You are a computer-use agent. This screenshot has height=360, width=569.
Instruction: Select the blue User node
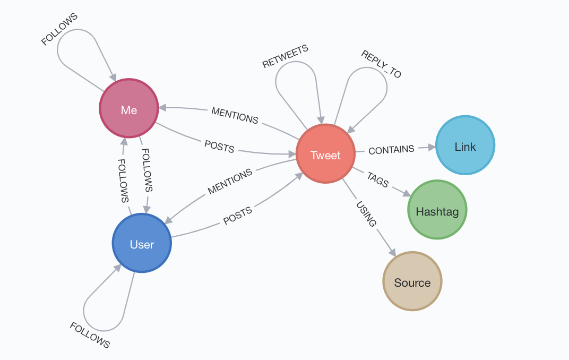[142, 243]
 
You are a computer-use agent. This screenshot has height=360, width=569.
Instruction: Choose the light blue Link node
[465, 145]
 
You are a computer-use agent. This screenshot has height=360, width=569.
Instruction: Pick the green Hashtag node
[437, 210]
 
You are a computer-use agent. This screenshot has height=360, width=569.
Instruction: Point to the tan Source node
[412, 281]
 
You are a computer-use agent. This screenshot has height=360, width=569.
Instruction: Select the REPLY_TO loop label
[381, 64]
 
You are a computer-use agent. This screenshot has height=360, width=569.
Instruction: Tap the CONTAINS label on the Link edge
[391, 150]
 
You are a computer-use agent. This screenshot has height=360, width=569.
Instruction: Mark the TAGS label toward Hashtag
[378, 179]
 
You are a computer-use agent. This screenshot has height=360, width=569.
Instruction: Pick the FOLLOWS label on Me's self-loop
[59, 29]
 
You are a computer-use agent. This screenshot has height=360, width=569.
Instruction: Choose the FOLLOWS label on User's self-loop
[90, 335]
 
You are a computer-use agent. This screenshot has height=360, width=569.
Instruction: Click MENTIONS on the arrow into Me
[235, 115]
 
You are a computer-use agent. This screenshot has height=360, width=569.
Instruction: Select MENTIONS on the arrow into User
[230, 182]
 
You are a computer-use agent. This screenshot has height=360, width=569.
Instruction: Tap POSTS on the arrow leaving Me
[219, 146]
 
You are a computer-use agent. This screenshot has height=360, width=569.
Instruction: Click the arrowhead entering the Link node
[430, 147]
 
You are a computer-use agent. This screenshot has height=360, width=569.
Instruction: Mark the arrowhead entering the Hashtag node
[406, 194]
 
